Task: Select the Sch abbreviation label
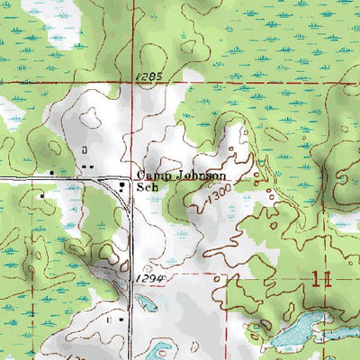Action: [147, 189]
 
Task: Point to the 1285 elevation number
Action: [150, 79]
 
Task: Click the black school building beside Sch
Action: [123, 186]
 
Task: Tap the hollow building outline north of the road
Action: [85, 149]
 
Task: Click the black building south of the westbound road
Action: [40, 193]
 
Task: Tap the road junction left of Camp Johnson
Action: [126, 177]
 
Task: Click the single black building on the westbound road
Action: [52, 172]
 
